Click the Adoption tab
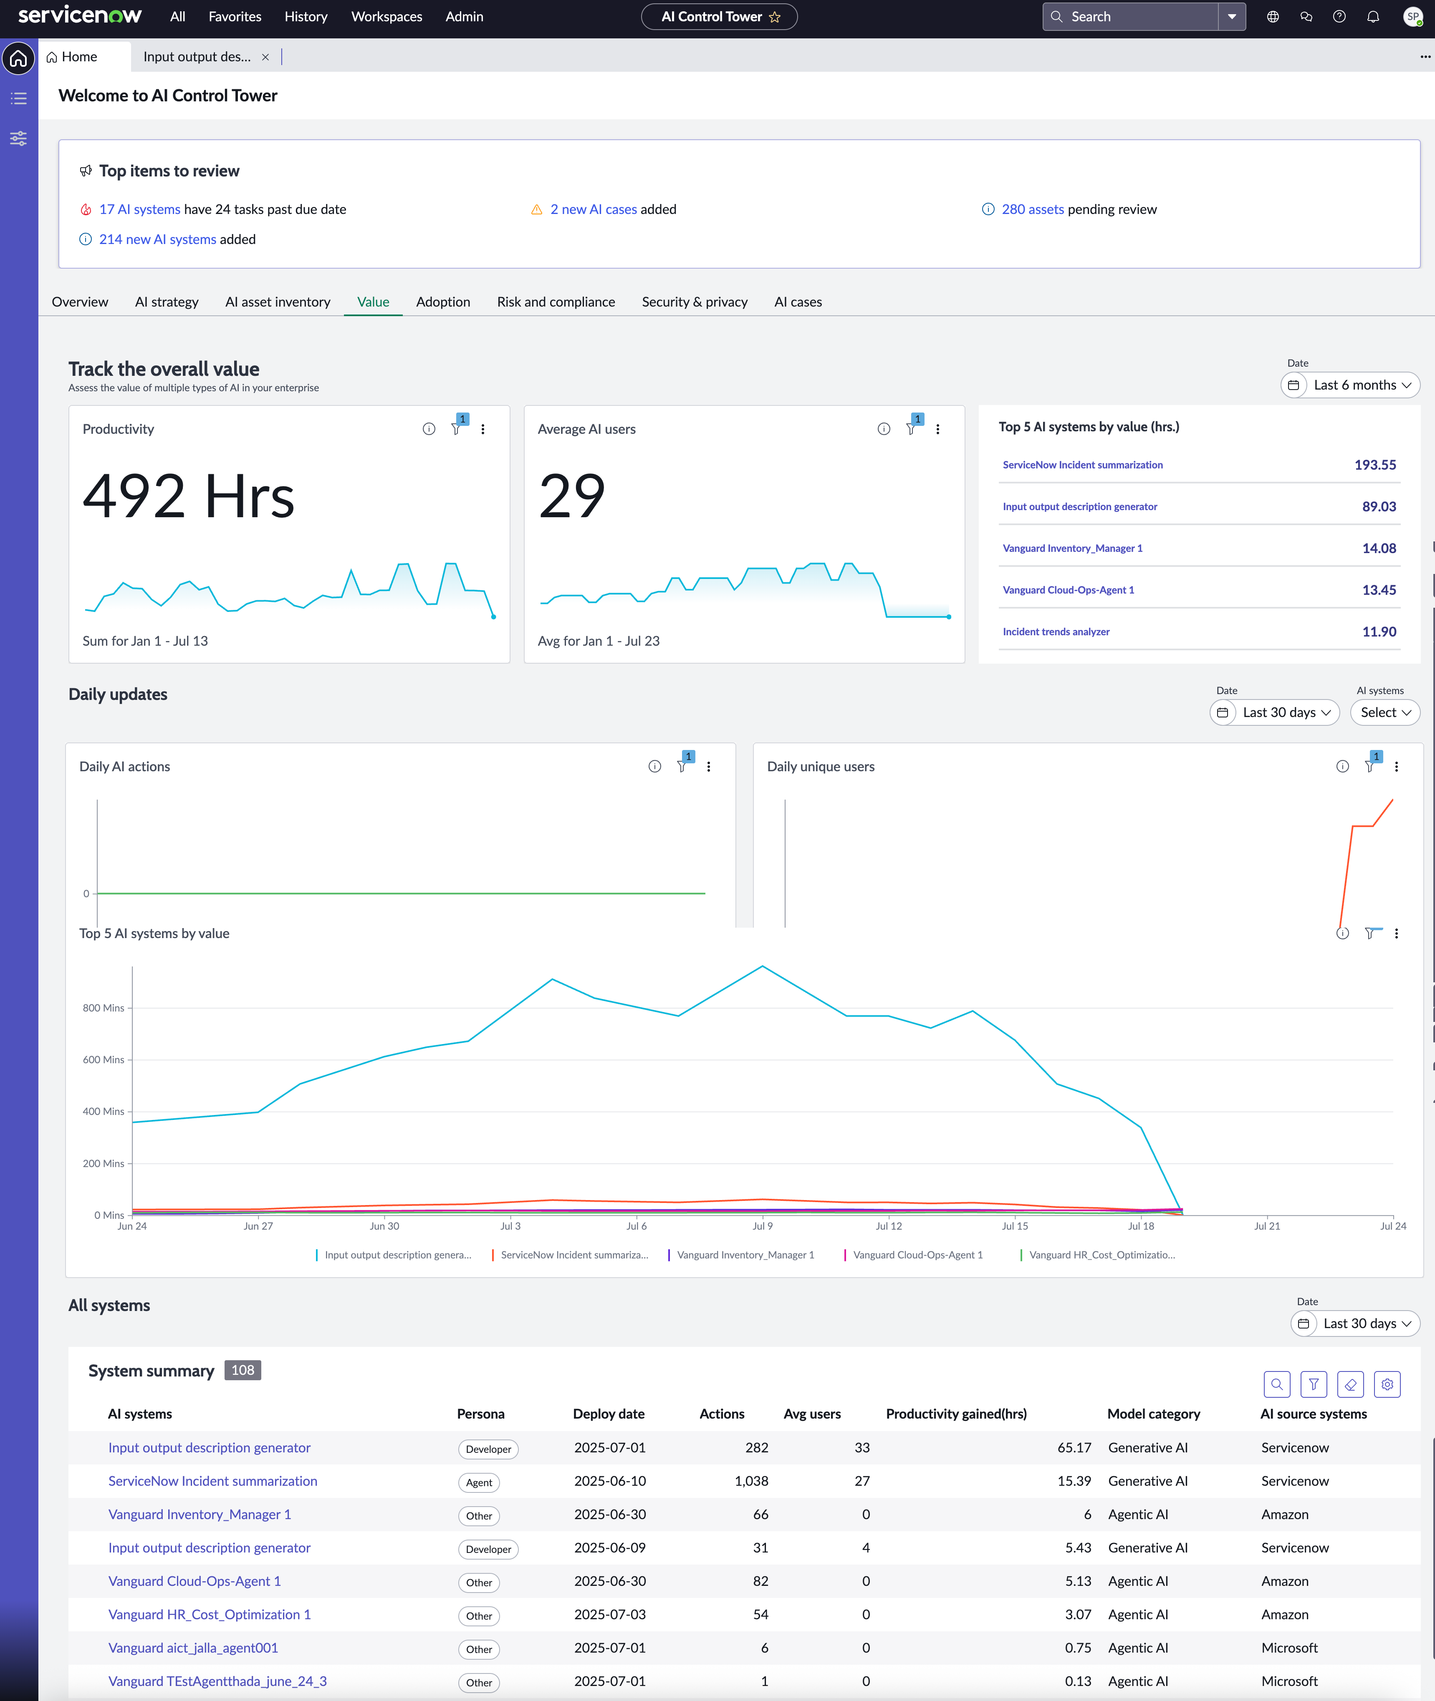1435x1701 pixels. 442,302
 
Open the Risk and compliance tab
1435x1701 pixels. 556,302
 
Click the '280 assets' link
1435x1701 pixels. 1032,209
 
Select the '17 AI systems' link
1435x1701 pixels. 139,209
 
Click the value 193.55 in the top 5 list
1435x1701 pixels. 1375,465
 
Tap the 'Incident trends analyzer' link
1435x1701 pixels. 1056,632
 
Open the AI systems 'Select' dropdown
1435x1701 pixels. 1384,712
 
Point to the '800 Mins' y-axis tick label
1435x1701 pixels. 104,1007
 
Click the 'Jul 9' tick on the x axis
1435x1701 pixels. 762,1225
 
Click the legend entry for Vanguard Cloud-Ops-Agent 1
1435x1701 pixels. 917,1255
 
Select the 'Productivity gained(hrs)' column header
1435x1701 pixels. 956,1414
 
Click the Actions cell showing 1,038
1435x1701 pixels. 751,1481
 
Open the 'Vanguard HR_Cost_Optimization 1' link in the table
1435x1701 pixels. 209,1614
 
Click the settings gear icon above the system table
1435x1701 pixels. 1387,1384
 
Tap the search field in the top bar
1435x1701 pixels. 1131,16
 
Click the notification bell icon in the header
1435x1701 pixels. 1373,16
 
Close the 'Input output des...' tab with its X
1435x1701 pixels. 265,57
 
